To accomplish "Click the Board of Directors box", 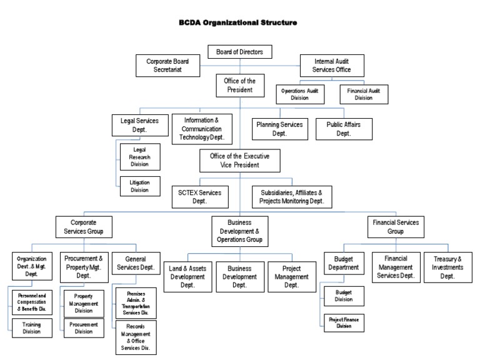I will point(239,51).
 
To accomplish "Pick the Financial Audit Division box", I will point(364,94).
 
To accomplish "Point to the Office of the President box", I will point(240,86).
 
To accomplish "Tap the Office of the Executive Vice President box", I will point(239,161).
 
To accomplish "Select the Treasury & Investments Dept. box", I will point(447,266).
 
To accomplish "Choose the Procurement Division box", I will point(84,328).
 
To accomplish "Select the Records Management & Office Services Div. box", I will point(136,337).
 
